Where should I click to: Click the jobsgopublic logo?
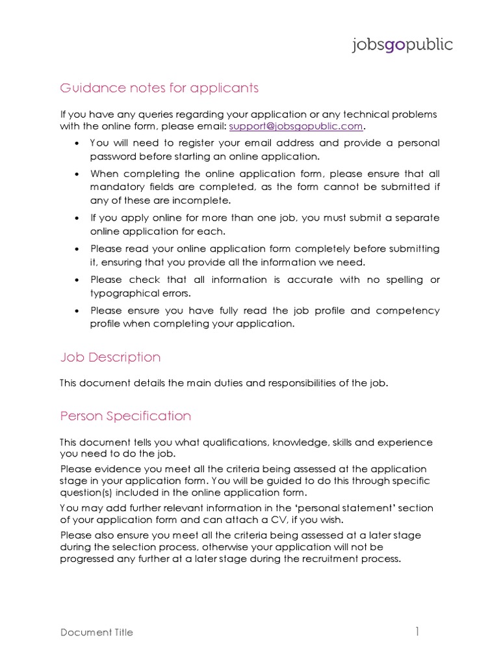[402, 45]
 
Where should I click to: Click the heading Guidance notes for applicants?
[159, 88]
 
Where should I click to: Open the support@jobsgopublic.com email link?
[296, 126]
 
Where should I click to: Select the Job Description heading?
[110, 357]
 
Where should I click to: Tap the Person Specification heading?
[125, 416]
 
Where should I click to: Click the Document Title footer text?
[97, 632]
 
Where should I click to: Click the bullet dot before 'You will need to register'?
[77, 143]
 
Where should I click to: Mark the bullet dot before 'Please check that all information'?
[77, 280]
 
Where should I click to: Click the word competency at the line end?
[411, 310]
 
